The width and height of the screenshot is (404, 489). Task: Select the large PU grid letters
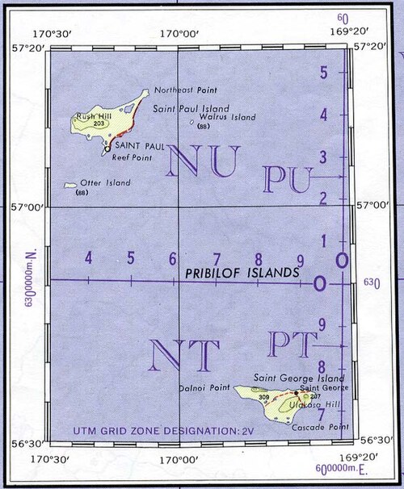pos(284,179)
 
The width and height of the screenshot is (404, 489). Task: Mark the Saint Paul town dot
pos(107,148)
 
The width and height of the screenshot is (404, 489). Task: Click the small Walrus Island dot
pos(191,123)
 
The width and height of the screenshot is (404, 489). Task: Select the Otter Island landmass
pos(72,185)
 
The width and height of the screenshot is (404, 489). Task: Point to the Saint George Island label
pos(300,378)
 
